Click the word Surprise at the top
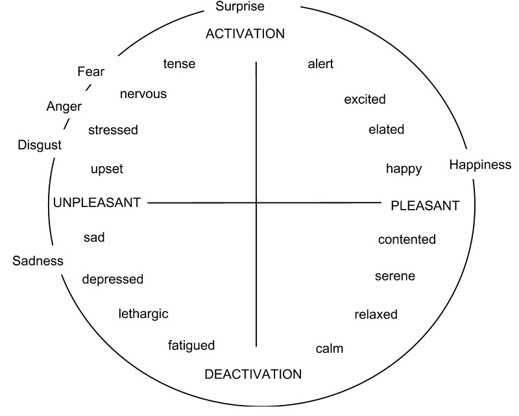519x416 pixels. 241,8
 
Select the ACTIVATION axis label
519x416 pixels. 245,34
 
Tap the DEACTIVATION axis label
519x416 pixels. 253,374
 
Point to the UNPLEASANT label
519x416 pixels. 97,202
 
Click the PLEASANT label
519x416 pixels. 425,206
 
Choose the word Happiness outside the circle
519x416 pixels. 480,164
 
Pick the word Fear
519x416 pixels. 90,71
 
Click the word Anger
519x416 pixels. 64,106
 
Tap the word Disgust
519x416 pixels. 40,145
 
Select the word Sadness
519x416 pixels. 38,261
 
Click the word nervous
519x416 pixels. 143,93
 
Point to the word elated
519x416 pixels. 386,129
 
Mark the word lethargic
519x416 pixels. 143,313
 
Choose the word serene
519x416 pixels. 395,276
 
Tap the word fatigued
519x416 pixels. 191,345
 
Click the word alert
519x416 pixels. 320,64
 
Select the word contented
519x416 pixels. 407,239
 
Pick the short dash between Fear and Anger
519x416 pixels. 88,88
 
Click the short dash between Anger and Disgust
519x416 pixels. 66,124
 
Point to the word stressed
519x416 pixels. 113,130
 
